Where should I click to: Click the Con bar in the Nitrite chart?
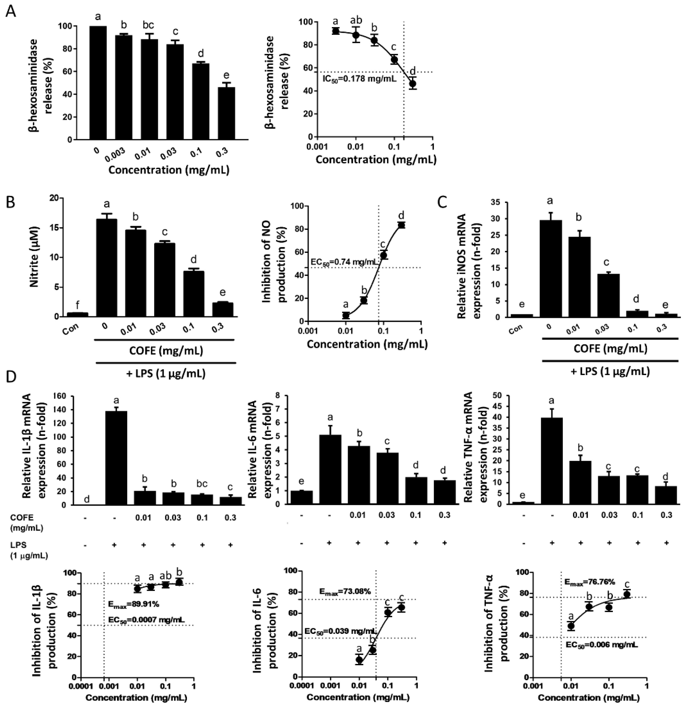[x=78, y=314]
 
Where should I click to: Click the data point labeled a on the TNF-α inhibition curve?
[x=571, y=626]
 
